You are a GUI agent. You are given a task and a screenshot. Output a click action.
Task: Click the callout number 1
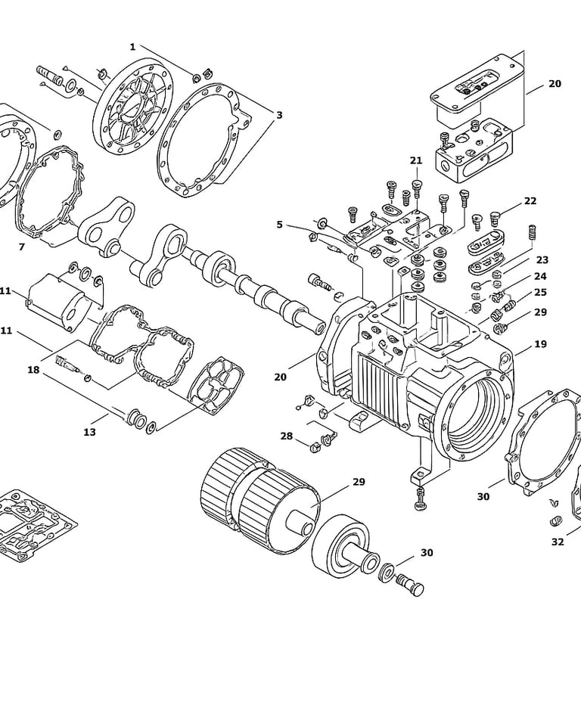click(x=132, y=47)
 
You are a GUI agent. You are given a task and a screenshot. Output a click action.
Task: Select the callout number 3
click(x=280, y=115)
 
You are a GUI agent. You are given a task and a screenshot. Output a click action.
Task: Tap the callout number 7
click(x=21, y=247)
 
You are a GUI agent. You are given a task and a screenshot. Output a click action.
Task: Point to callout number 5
click(x=280, y=225)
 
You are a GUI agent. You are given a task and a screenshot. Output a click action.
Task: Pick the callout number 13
click(x=90, y=432)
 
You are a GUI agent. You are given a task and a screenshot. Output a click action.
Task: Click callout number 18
click(x=34, y=369)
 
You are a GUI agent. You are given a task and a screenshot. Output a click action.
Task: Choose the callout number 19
click(x=540, y=344)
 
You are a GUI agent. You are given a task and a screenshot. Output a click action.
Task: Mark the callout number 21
click(x=416, y=160)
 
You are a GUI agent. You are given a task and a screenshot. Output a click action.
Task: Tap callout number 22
click(x=530, y=201)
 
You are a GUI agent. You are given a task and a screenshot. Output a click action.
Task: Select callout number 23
click(x=542, y=260)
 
